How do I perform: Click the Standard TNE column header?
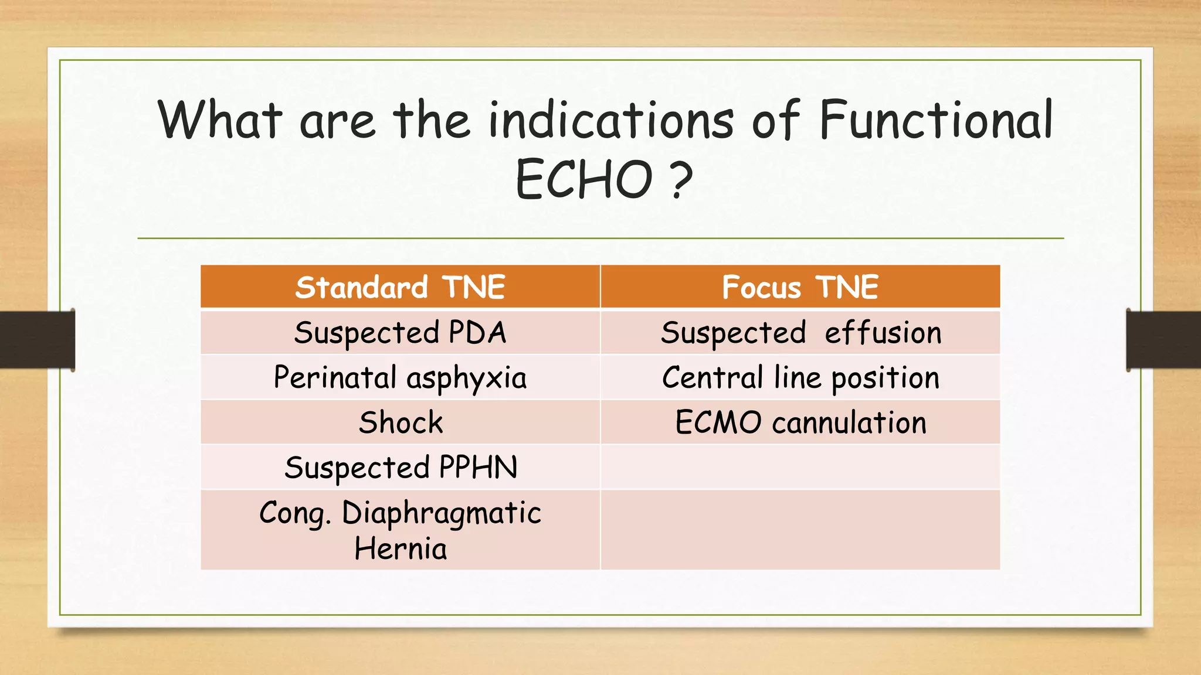[x=400, y=287]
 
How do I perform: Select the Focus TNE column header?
[x=800, y=287]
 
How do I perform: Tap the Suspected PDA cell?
[x=400, y=333]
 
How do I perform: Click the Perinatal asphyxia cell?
[x=400, y=378]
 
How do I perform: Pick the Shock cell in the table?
[x=401, y=422]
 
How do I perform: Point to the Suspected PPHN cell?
[x=401, y=468]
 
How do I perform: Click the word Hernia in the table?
[x=401, y=549]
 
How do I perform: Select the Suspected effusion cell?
[x=800, y=333]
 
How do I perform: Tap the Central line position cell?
[x=800, y=378]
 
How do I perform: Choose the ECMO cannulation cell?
[x=800, y=422]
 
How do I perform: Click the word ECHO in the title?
[x=583, y=179]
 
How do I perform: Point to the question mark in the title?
[x=680, y=179]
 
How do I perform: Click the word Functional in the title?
[x=936, y=120]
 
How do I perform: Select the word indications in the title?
[x=610, y=120]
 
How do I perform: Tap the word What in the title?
[x=220, y=120]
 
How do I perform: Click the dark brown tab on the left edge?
[x=37, y=339]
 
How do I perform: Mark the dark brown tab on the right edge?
[x=1163, y=339]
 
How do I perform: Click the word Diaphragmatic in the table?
[x=441, y=513]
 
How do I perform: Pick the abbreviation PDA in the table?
[x=477, y=333]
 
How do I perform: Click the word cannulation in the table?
[x=849, y=422]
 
